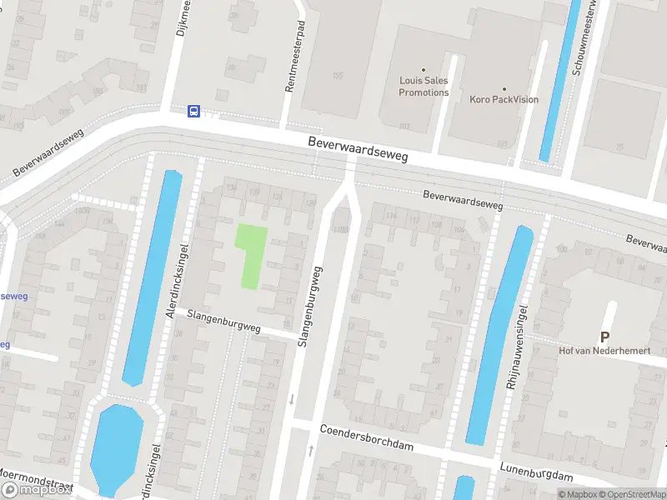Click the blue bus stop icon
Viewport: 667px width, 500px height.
click(193, 111)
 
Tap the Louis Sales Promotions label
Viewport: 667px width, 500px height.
click(424, 87)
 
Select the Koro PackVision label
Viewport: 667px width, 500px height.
click(504, 99)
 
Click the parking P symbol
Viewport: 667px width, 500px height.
click(604, 337)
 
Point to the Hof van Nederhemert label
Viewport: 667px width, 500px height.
click(604, 351)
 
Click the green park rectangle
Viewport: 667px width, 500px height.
click(252, 256)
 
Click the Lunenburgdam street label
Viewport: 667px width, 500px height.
click(537, 472)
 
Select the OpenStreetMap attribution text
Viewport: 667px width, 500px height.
click(629, 494)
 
